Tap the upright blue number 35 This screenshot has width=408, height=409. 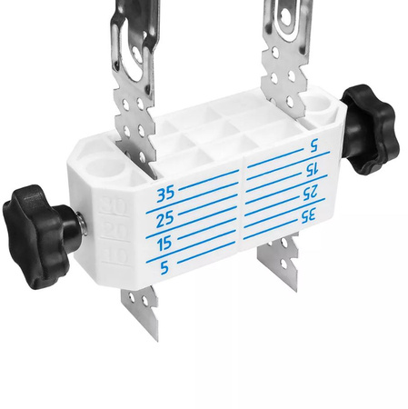[x=164, y=193]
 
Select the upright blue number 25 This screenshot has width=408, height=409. [x=164, y=219]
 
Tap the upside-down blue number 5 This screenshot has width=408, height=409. [x=313, y=145]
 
